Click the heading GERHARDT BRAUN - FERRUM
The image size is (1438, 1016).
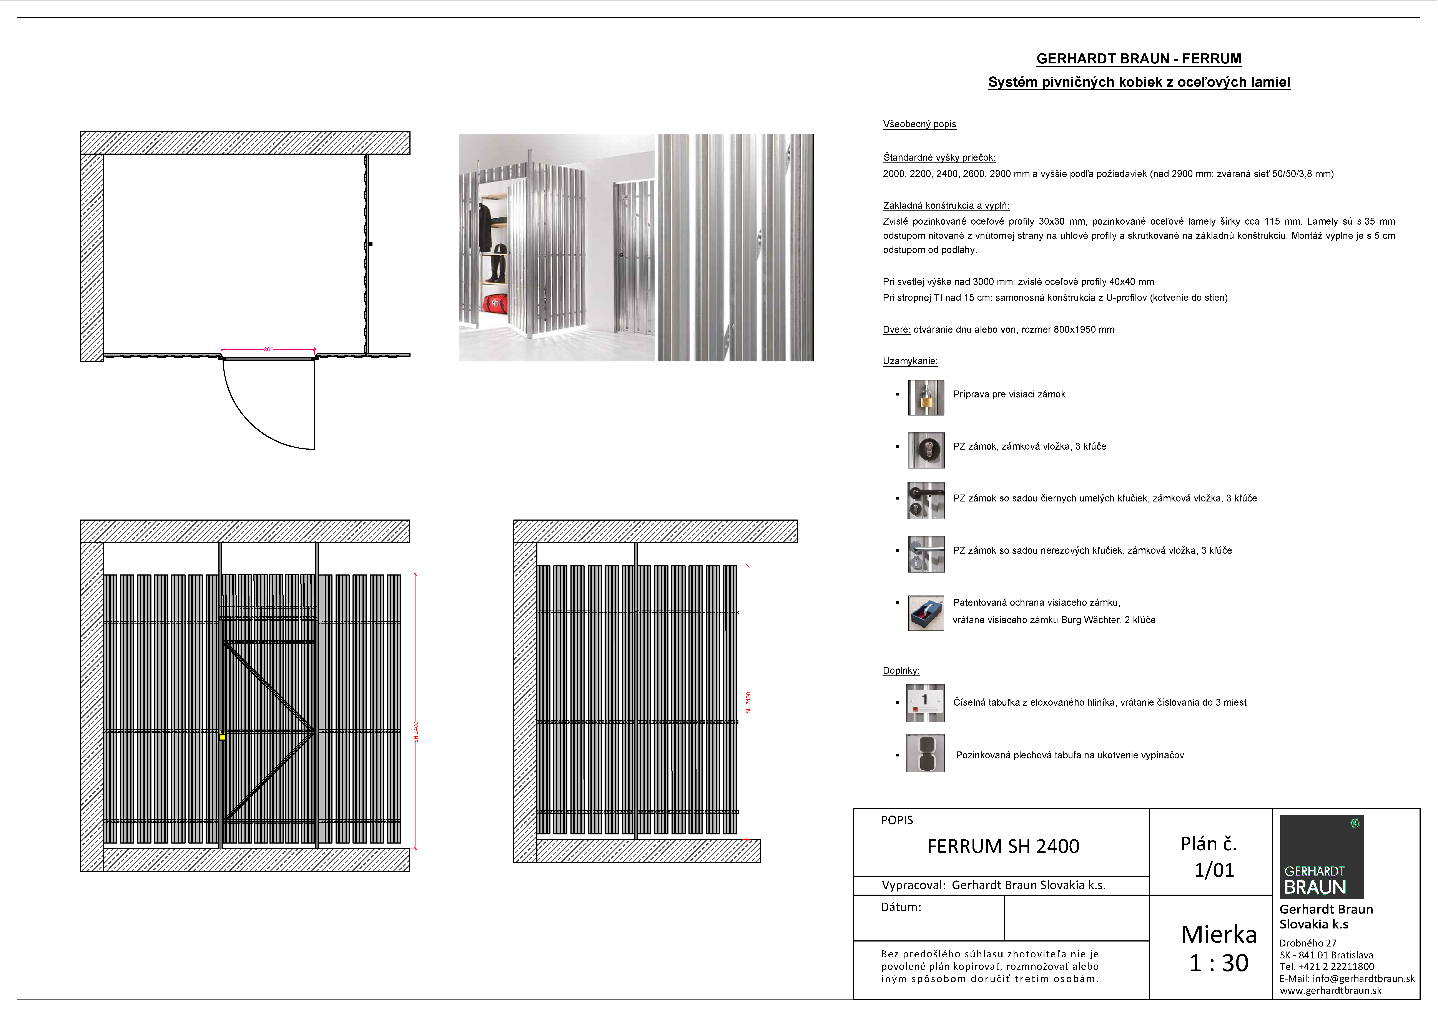tap(1139, 59)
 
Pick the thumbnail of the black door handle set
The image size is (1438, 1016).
tap(926, 500)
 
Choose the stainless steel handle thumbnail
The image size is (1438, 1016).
tap(926, 553)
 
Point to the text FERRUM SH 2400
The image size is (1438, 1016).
tap(1003, 846)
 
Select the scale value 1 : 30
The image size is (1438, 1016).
tap(1218, 963)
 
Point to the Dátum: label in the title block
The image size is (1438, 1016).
tap(901, 907)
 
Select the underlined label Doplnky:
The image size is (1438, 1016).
tap(901, 670)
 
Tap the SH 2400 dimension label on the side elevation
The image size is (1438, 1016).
tap(748, 702)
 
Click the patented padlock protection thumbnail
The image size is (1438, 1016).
tap(926, 613)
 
